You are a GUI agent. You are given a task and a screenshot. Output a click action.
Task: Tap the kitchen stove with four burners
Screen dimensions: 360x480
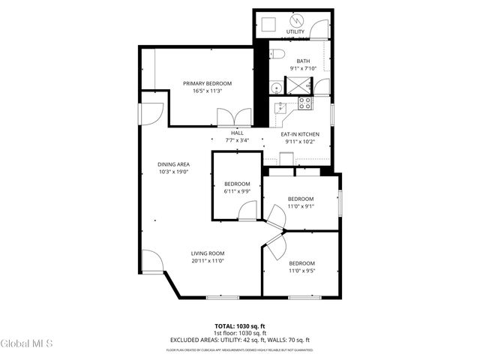coord(305,103)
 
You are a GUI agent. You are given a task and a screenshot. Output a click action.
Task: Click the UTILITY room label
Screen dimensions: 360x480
coord(295,32)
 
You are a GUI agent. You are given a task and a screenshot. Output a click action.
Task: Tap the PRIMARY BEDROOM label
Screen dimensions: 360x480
coord(207,83)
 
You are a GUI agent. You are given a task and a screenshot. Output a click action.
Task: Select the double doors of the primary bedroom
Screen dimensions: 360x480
coord(229,118)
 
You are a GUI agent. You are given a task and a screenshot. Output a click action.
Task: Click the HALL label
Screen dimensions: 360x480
coord(237,133)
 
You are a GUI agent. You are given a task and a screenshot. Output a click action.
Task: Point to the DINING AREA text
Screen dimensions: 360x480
coord(173,164)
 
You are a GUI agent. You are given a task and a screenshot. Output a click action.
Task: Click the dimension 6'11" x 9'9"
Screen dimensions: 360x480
coord(237,191)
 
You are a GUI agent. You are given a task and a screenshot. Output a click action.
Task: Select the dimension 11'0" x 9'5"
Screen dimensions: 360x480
coord(301,271)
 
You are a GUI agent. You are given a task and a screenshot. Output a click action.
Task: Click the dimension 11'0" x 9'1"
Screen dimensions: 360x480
coord(301,206)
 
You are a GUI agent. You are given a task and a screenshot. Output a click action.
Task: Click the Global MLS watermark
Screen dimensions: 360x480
coord(27,343)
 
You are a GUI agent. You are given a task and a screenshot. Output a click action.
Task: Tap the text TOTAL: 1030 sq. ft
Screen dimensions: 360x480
coord(240,326)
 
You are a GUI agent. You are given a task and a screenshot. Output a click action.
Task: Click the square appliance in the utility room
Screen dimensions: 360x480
coord(266,25)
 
